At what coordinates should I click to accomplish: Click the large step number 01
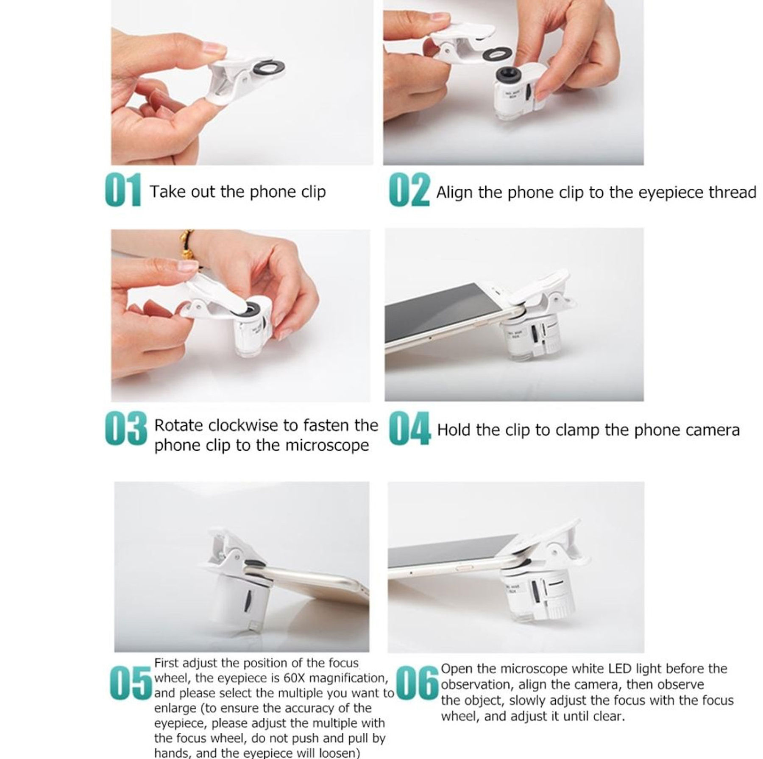pyautogui.click(x=123, y=190)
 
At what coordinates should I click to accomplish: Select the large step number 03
pyautogui.click(x=126, y=428)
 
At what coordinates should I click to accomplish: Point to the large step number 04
pyautogui.click(x=409, y=428)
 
